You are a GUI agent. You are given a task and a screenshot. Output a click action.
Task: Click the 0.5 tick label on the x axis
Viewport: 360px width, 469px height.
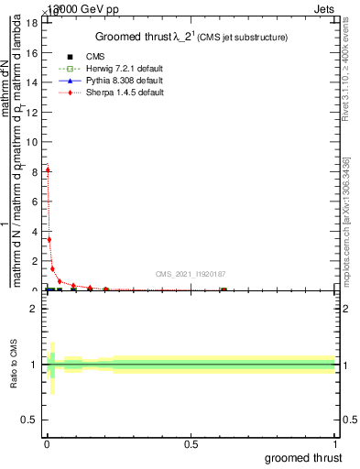191,443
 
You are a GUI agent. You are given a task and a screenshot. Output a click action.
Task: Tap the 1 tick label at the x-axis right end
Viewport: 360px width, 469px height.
335,443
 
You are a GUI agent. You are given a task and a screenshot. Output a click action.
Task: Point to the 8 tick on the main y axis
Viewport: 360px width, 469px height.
33,171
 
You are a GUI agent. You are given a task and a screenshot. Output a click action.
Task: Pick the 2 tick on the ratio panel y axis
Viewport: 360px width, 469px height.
33,309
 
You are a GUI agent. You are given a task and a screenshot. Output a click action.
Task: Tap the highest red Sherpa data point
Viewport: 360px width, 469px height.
48,169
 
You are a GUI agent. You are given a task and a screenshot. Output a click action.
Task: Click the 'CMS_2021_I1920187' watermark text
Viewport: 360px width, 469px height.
190,274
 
